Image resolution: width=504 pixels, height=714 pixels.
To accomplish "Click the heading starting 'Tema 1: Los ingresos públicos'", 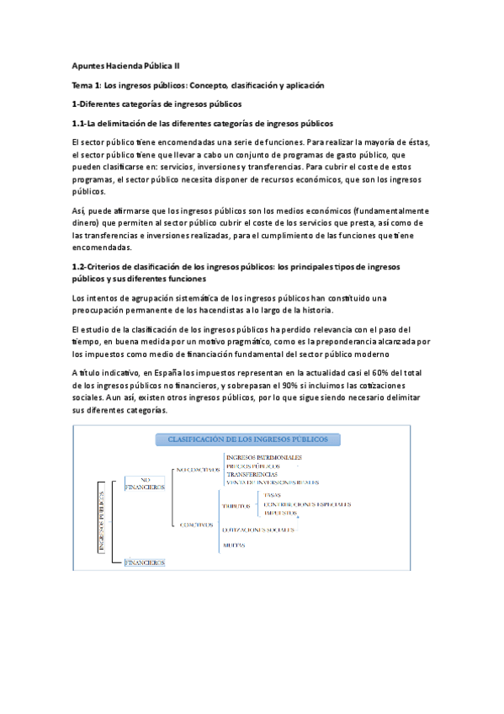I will [x=199, y=85].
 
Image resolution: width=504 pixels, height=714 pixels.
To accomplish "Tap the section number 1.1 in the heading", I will [x=81, y=123].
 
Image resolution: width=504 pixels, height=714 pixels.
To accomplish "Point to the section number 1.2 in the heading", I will [x=81, y=266].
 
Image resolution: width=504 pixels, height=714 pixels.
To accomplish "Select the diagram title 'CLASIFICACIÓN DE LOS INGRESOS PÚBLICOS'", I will [x=248, y=440].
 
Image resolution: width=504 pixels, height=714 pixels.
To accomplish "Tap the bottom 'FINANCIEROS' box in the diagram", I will [x=145, y=562].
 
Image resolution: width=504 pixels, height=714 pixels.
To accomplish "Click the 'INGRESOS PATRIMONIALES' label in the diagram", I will [x=264, y=457].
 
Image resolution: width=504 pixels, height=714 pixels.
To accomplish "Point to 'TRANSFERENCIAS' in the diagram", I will [x=252, y=474].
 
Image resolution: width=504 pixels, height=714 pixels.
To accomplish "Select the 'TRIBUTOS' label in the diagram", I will [x=237, y=506].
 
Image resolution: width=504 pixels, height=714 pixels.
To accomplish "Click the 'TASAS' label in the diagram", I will [x=273, y=495].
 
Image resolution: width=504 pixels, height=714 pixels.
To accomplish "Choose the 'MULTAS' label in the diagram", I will [x=234, y=546].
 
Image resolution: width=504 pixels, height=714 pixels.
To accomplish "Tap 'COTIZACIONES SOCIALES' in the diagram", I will [x=258, y=530].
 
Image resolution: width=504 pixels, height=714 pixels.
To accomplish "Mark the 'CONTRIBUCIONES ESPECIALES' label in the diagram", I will [x=306, y=504].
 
